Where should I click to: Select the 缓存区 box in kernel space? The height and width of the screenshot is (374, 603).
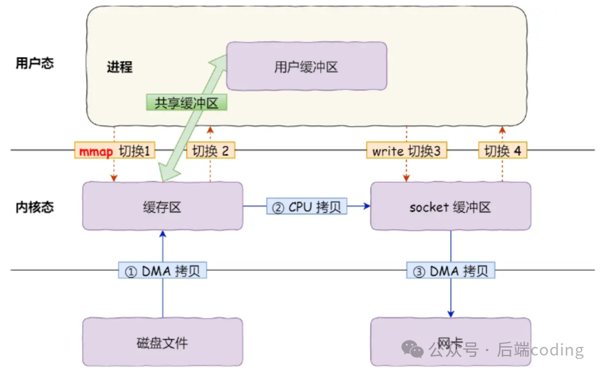(162, 206)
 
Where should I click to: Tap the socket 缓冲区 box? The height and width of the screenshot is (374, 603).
(450, 206)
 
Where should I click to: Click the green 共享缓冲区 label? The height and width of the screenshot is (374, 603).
(186, 103)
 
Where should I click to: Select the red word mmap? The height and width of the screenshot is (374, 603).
(96, 151)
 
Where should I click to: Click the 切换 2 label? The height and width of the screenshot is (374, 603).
(211, 151)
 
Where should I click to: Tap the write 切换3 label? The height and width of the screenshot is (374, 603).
(406, 151)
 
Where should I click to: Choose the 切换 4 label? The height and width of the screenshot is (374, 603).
(502, 151)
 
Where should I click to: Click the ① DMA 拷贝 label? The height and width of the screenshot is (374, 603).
(162, 271)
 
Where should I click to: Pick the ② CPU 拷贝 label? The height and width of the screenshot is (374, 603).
(306, 207)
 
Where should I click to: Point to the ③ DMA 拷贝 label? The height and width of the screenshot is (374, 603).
(451, 271)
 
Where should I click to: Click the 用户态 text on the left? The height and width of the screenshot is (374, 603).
(35, 63)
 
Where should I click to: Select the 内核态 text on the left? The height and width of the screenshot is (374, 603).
(35, 207)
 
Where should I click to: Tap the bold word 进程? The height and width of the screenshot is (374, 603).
(119, 67)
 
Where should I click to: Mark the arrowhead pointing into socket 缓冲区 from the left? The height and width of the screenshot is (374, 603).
(366, 206)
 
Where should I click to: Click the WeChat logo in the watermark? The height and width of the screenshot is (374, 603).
(413, 349)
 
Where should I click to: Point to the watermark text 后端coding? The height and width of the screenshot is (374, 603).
(540, 350)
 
